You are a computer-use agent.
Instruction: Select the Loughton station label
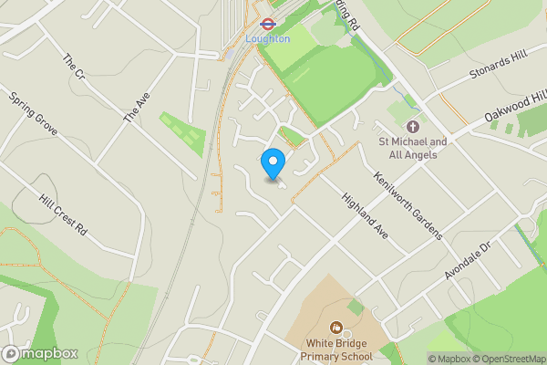(268, 39)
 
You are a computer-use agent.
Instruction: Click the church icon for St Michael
(412, 126)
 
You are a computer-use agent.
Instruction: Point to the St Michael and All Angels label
(413, 148)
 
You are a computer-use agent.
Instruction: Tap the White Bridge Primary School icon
(335, 327)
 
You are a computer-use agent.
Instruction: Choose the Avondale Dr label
(469, 261)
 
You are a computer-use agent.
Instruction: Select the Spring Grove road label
(34, 113)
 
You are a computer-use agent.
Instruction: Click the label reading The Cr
(73, 66)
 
